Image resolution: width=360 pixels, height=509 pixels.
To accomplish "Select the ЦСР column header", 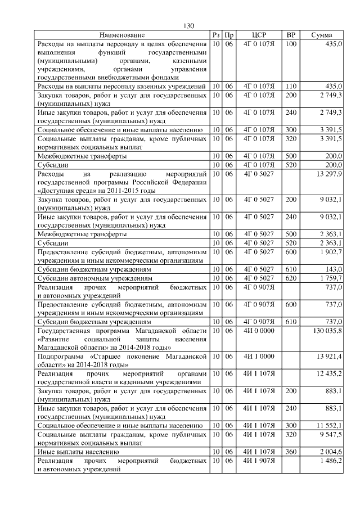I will pos(259,35).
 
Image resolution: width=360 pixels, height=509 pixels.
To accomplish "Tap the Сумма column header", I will pos(321,35).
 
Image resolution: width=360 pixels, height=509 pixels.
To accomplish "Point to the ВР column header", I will pos(291,35).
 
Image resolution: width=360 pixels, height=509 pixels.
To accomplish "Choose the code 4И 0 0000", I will pos(259,330).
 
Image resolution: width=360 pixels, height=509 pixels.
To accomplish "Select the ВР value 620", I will pos(291,278).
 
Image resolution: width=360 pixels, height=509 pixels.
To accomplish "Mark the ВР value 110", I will pos(291,86).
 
